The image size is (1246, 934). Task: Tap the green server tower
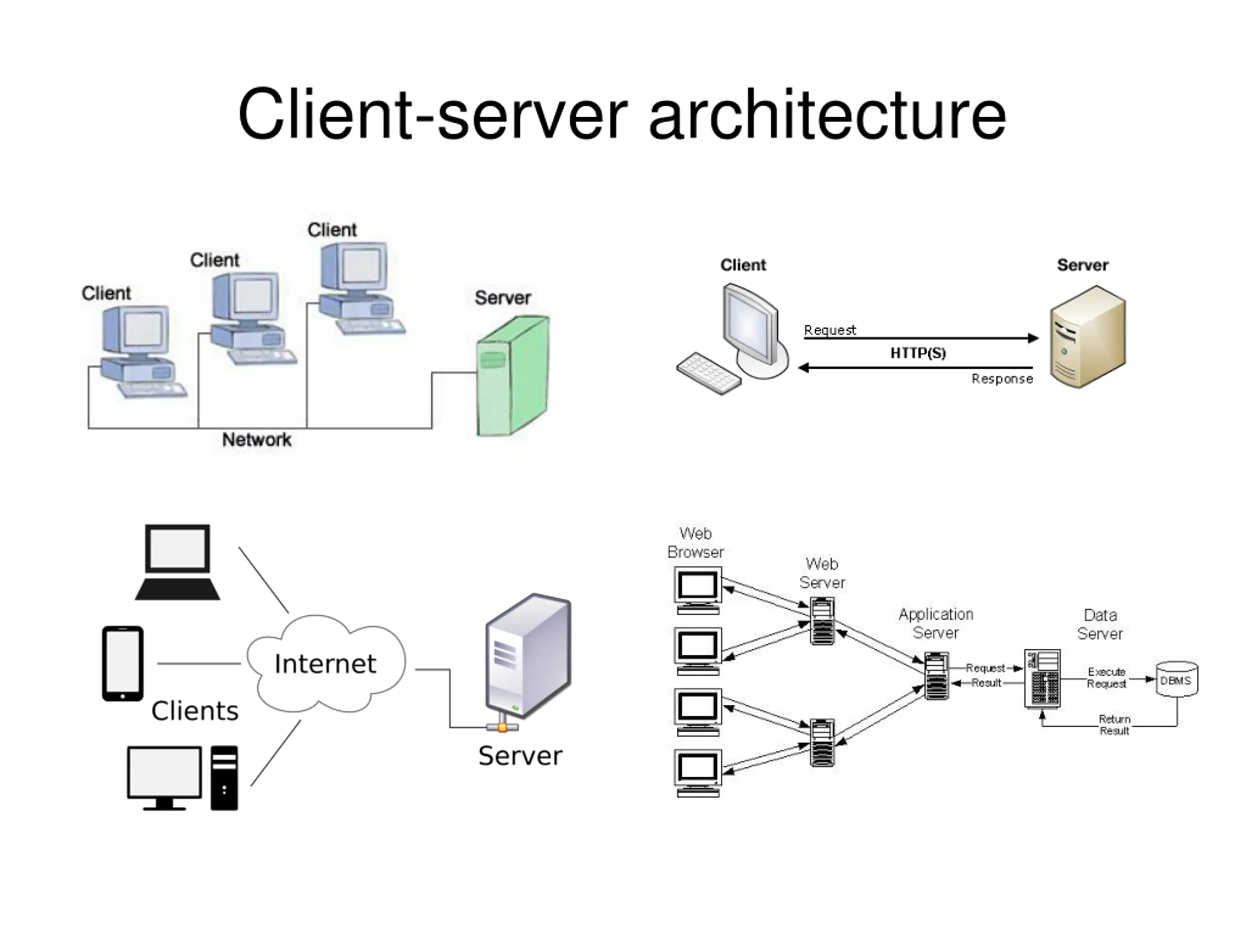click(x=513, y=376)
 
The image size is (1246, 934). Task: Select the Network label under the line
click(x=257, y=440)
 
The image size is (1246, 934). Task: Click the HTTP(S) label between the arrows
click(x=917, y=353)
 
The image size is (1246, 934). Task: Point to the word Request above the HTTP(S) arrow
click(x=829, y=330)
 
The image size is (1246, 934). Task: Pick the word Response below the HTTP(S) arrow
click(x=1002, y=379)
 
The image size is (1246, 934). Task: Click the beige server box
click(x=1087, y=336)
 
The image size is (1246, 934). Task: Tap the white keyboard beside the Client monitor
click(x=709, y=373)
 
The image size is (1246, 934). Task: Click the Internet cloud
click(x=326, y=663)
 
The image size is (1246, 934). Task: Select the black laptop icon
click(x=178, y=562)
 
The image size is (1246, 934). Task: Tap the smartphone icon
click(x=123, y=663)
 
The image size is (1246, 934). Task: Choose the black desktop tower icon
click(x=224, y=778)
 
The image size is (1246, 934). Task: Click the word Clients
click(x=195, y=711)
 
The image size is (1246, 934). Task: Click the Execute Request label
click(x=1106, y=678)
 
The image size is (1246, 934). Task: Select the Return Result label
click(x=1114, y=725)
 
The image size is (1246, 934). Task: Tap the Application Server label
click(x=935, y=623)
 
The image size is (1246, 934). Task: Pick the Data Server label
click(x=1099, y=624)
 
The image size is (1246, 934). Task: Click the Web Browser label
click(x=695, y=543)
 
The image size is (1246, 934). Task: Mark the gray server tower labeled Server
click(x=529, y=656)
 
